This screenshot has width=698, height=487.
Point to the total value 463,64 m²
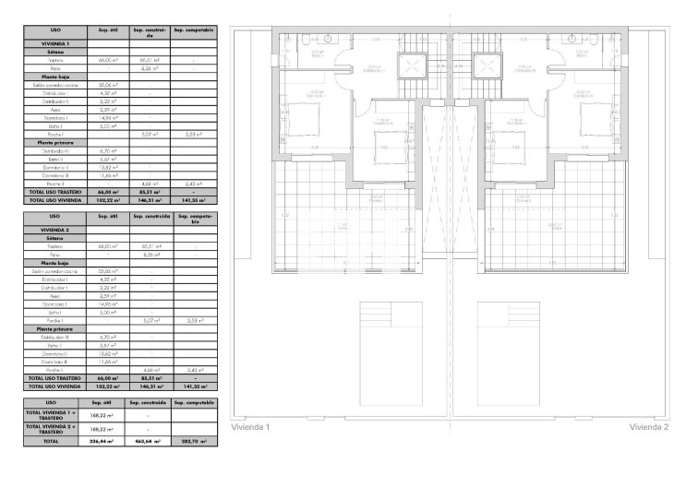tap(146, 442)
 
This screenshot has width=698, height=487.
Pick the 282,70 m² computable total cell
tap(195, 442)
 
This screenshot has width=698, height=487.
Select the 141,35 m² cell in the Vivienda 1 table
tap(195, 198)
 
